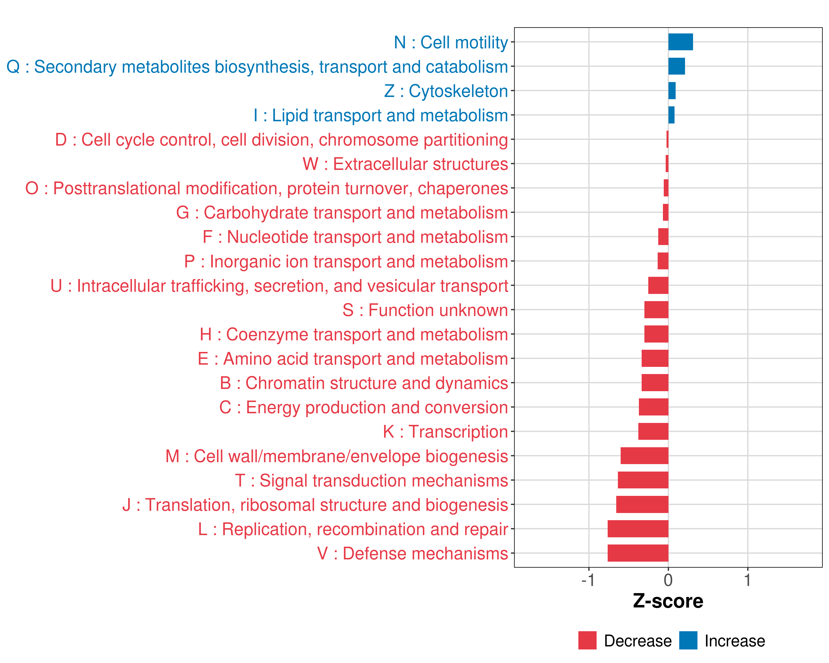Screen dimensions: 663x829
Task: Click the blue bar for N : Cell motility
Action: click(x=680, y=42)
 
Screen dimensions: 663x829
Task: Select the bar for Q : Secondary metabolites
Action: click(x=676, y=66)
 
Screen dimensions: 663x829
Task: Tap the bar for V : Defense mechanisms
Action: click(x=638, y=553)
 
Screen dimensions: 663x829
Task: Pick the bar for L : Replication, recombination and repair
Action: click(x=638, y=528)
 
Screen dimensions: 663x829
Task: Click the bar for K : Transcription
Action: click(x=653, y=431)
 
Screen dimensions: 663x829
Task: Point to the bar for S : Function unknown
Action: click(x=656, y=310)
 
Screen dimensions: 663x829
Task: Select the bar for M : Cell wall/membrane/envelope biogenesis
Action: click(x=644, y=456)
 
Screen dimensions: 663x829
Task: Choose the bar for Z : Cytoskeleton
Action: click(x=672, y=91)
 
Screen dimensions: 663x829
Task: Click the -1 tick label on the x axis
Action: click(x=588, y=580)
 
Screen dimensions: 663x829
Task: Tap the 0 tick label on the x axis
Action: click(x=668, y=580)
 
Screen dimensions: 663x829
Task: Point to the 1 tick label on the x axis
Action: click(x=747, y=580)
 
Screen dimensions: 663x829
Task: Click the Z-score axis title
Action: click(x=668, y=601)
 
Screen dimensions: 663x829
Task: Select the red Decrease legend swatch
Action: click(x=587, y=640)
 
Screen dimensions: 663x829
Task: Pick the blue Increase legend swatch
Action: click(x=688, y=640)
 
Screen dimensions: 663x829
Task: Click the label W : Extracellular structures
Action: click(x=405, y=164)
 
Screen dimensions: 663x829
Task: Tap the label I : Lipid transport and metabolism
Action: click(x=380, y=115)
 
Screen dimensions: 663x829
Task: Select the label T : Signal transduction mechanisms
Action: click(x=371, y=480)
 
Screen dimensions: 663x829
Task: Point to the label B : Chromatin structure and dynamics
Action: click(x=364, y=383)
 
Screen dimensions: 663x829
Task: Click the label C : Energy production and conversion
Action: click(x=363, y=407)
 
